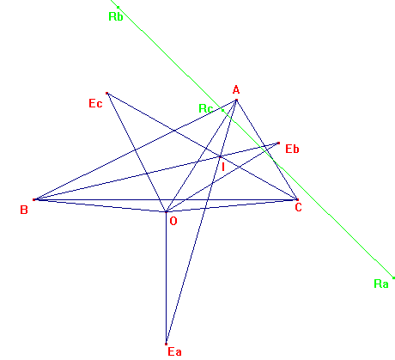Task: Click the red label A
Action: pos(236,90)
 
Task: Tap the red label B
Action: pos(24,210)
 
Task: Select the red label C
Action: pos(298,207)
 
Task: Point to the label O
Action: pos(173,221)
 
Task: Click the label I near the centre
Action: pos(223,167)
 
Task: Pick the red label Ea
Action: pos(174,351)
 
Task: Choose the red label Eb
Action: pos(292,149)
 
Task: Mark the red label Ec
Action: pos(95,103)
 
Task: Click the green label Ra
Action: pos(381,284)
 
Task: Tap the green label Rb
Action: pos(116,16)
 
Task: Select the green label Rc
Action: pos(206,108)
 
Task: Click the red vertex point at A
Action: pos(236,100)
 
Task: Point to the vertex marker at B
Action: pos(34,199)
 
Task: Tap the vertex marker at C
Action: pos(297,199)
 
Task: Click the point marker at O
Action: pos(166,212)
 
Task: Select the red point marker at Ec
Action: pos(106,93)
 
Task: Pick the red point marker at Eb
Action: pos(278,143)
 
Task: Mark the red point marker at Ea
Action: pos(166,344)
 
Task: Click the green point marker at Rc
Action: pos(222,110)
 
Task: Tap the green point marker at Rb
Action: pos(118,8)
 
